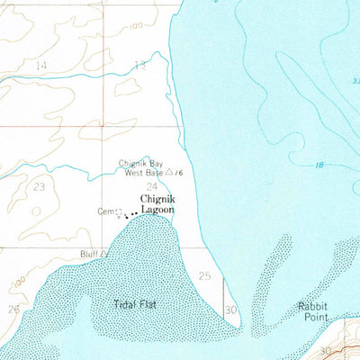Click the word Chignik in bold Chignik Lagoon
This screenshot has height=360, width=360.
[156, 198]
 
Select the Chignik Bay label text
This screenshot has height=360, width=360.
[140, 163]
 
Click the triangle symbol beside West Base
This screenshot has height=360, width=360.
[169, 172]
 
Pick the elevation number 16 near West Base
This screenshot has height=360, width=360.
[179, 172]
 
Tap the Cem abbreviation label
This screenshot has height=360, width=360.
[105, 211]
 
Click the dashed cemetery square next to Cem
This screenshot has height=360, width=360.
[118, 212]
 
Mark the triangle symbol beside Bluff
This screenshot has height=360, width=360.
[104, 254]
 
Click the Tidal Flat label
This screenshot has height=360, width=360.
[136, 304]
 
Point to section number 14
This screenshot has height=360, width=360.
[40, 66]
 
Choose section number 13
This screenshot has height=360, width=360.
[139, 65]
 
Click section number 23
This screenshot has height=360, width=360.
[39, 186]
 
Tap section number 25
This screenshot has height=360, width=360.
[204, 275]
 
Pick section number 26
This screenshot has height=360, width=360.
[13, 309]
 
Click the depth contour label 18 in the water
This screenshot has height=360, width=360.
[319, 165]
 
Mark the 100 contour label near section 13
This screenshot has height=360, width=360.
[135, 27]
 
